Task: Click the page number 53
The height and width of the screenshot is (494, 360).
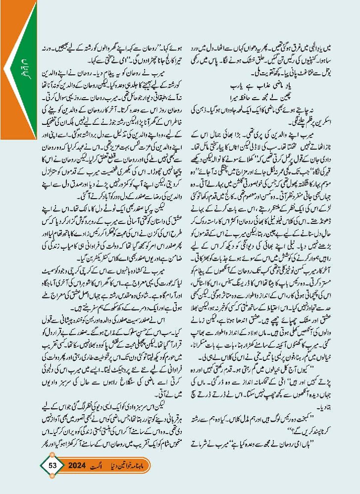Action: [x=53, y=466]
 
